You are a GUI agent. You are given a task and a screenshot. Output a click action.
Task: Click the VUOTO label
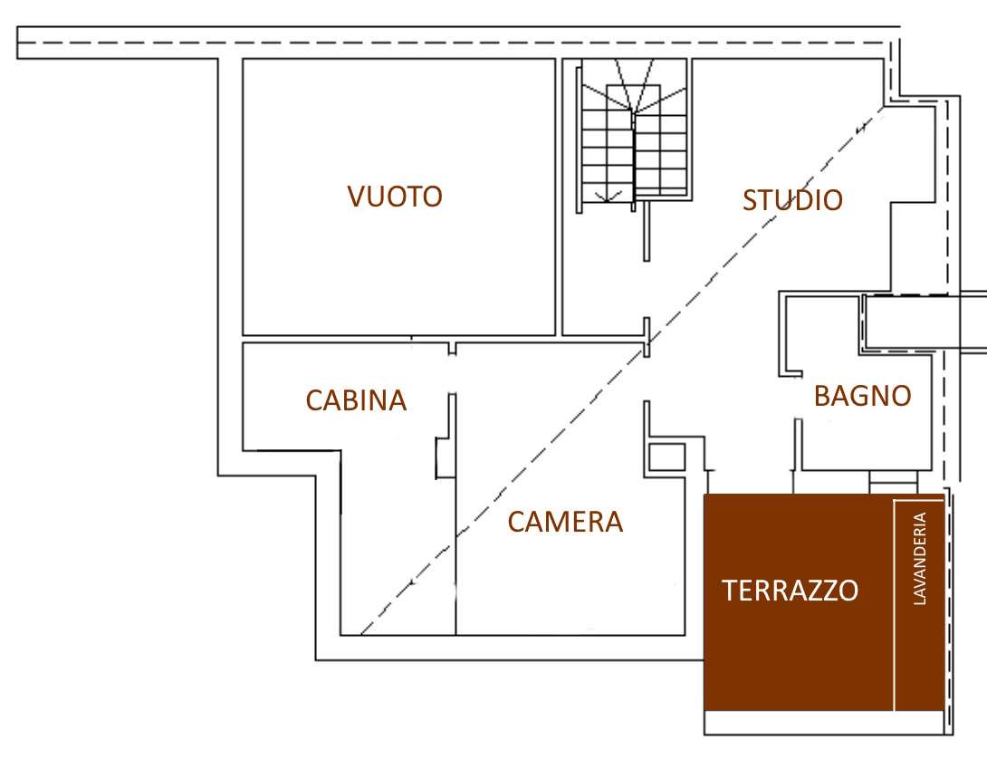click(395, 197)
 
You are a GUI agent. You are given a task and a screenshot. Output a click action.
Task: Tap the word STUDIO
click(792, 200)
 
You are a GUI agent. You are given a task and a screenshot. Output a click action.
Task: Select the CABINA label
click(356, 400)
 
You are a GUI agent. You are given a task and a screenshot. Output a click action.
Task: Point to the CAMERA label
click(565, 522)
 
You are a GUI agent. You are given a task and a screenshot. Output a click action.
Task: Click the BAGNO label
click(863, 396)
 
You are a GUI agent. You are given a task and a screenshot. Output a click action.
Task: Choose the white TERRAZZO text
click(790, 591)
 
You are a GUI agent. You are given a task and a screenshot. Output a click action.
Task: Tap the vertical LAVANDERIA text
click(920, 559)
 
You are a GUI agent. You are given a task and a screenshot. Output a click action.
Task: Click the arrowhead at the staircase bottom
click(607, 197)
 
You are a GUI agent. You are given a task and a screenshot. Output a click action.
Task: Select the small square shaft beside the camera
click(666, 457)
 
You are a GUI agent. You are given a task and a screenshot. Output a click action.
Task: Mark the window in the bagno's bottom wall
click(893, 482)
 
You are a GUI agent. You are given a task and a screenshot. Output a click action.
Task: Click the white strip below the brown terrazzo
click(824, 723)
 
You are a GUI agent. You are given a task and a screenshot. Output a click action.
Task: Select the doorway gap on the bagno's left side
click(797, 398)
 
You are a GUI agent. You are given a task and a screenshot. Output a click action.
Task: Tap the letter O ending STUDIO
click(832, 200)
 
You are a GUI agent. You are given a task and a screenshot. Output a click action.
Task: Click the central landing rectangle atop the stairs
click(633, 100)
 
